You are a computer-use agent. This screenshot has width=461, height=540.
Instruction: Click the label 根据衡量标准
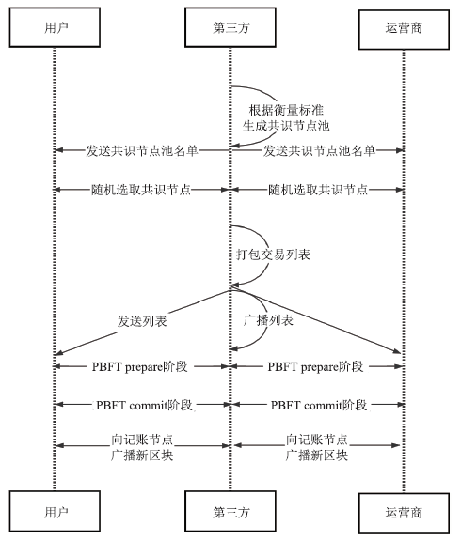tap(286, 110)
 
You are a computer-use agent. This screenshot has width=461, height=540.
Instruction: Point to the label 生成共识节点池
tap(286, 126)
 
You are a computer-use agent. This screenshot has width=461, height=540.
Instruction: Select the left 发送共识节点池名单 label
tap(142, 151)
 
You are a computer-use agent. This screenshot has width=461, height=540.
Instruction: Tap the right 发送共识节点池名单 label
tap(319, 151)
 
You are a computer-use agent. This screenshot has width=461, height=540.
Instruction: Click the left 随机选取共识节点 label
tap(141, 190)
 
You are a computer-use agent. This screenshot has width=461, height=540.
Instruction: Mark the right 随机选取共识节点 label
tap(318, 190)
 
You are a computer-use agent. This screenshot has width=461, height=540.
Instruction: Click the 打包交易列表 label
tap(273, 255)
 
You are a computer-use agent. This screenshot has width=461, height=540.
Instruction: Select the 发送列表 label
tap(142, 321)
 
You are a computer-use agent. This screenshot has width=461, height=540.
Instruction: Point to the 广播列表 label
tap(268, 320)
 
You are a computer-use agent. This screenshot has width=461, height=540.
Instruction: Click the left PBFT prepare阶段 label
tap(140, 366)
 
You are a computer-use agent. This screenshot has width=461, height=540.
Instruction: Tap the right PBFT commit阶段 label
tap(319, 405)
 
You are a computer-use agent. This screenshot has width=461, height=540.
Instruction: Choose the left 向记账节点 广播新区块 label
tap(142, 447)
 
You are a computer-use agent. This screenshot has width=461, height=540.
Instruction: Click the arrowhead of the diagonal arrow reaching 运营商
tap(397, 351)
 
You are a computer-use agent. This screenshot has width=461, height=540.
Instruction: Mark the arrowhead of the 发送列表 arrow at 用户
tap(59, 352)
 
